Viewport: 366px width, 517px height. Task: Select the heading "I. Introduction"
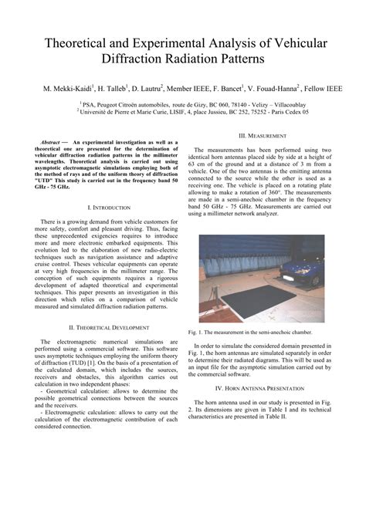[109, 208]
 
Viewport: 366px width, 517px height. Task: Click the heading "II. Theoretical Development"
[109, 327]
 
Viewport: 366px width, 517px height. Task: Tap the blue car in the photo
[309, 273]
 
